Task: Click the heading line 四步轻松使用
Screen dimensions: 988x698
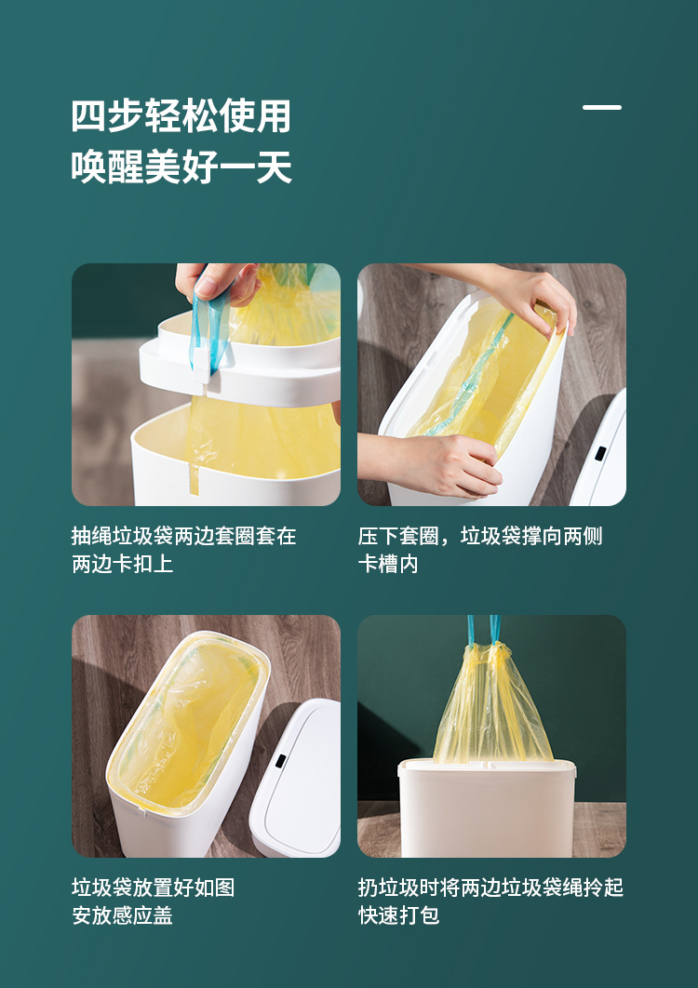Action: coord(181,117)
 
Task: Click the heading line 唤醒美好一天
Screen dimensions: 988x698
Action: coord(181,168)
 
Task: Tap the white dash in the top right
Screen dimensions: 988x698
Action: coord(602,108)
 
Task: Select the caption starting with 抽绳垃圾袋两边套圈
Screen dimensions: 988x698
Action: coord(183,537)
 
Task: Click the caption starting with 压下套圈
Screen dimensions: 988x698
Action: coord(480,537)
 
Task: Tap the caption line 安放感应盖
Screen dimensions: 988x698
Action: coord(122,916)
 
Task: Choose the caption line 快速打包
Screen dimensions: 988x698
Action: coord(398,916)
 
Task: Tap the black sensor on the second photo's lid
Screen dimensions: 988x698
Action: coord(600,453)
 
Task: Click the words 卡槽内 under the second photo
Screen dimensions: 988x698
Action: coord(388,565)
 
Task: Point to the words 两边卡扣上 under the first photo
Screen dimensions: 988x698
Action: coord(122,565)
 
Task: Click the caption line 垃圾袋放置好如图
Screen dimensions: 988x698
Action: coord(153,888)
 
